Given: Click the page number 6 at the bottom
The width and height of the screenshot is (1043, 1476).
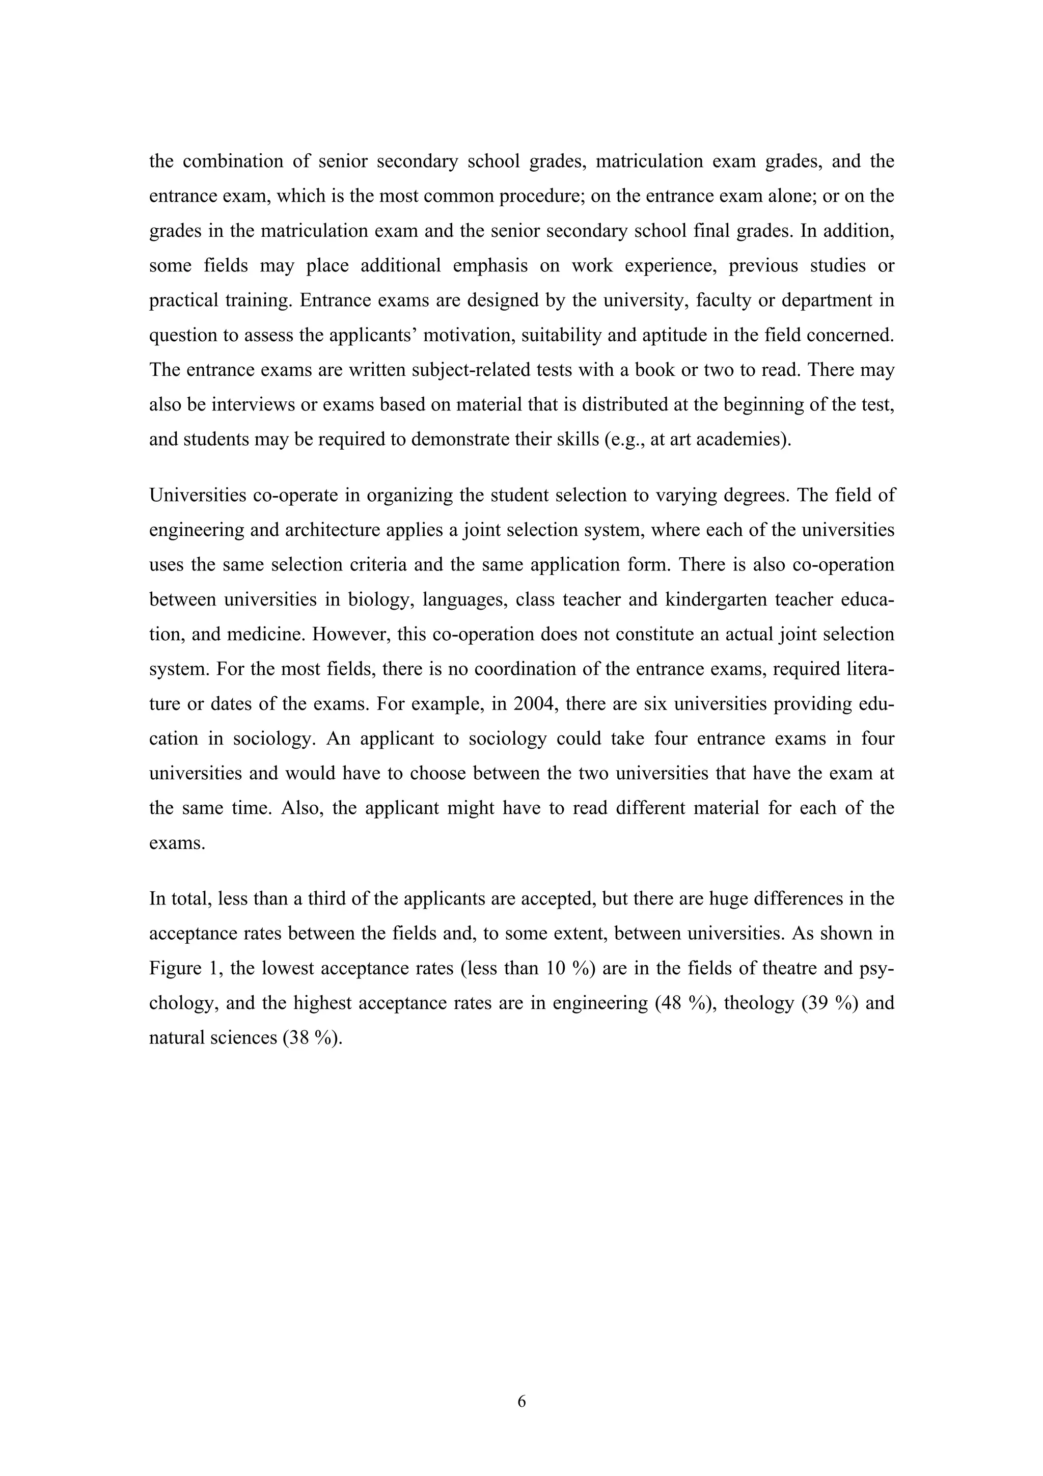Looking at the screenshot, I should [521, 1402].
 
